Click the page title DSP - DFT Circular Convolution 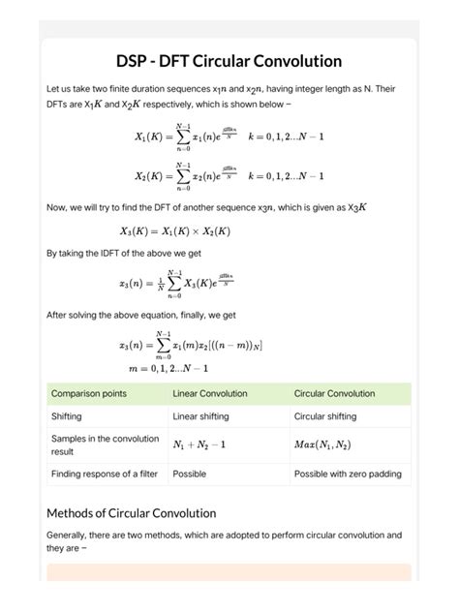tap(229, 61)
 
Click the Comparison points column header tap(89, 394)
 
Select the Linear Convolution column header tap(210, 394)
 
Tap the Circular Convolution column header tap(335, 394)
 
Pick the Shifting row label tap(67, 416)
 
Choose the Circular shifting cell tap(325, 416)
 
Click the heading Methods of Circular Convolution tap(131, 512)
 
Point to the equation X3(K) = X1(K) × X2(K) tap(175, 231)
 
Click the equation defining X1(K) tap(229, 137)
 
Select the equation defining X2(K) tap(229, 176)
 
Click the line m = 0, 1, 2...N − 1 tap(168, 368)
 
